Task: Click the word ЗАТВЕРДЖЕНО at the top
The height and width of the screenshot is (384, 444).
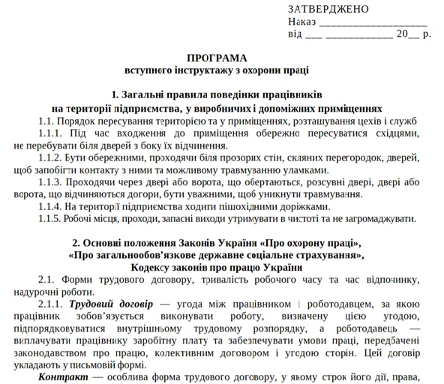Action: click(x=328, y=9)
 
